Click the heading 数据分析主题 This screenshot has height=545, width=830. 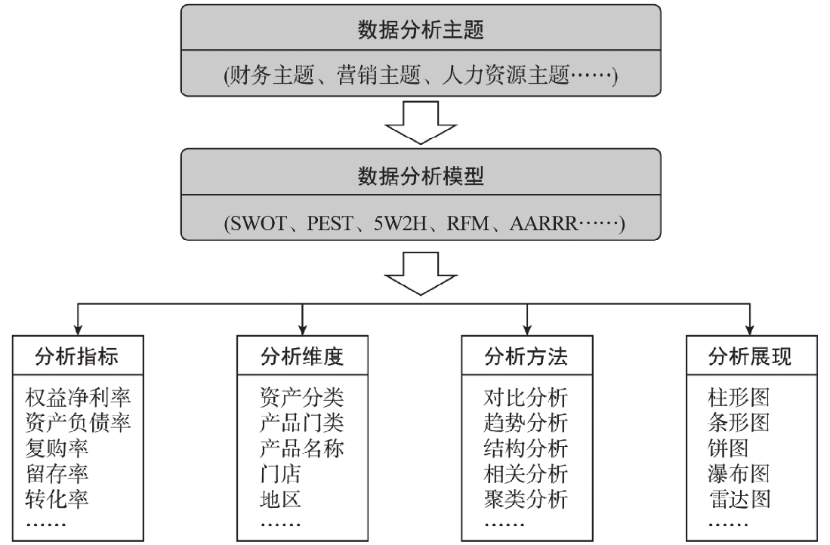(421, 29)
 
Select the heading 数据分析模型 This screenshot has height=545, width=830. (421, 176)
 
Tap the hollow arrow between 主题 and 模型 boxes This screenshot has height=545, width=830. (421, 123)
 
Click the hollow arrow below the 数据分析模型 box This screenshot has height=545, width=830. (421, 273)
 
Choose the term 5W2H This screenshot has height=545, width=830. (400, 223)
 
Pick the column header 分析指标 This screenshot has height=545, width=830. (77, 356)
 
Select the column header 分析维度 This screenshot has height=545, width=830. (302, 356)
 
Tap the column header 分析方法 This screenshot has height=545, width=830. (526, 356)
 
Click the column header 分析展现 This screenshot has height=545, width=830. (750, 356)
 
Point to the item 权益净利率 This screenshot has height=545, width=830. (78, 397)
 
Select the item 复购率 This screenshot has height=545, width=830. (57, 448)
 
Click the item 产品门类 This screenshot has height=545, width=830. (302, 423)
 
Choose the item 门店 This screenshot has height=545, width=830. (280, 473)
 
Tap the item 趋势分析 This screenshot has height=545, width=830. (526, 423)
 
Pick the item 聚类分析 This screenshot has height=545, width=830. (526, 499)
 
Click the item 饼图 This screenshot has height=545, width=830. (728, 448)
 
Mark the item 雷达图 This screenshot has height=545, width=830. (739, 499)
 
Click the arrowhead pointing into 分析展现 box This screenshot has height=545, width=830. (749, 330)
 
